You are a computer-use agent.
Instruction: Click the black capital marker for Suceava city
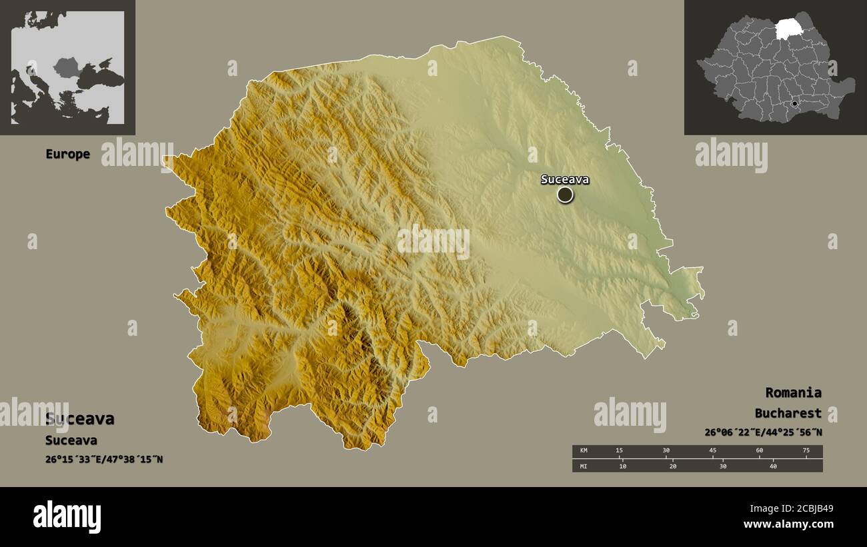pos(565,195)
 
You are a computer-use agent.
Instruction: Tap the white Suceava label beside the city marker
pos(565,179)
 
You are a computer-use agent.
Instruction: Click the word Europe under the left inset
pos(67,154)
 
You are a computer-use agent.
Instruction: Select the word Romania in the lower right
pos(793,392)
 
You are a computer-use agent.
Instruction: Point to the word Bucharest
pos(788,413)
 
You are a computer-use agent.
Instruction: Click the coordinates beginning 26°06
pos(763,432)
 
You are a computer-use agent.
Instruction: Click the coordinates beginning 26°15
pos(104,460)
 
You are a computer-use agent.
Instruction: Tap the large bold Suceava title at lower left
pos(79,419)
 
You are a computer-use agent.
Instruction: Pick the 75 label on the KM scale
pos(806,451)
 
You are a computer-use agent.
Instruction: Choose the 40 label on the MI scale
pos(774,466)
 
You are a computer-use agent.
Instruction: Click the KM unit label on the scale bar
pos(584,451)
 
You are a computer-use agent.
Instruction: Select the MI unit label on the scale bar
pos(584,466)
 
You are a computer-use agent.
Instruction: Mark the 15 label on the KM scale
pos(619,451)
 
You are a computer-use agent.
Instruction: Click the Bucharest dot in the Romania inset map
pos(794,104)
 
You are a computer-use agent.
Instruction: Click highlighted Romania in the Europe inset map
pos(67,67)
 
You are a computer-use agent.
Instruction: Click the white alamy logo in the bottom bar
pos(67,517)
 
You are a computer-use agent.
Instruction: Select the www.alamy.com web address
pos(788,525)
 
